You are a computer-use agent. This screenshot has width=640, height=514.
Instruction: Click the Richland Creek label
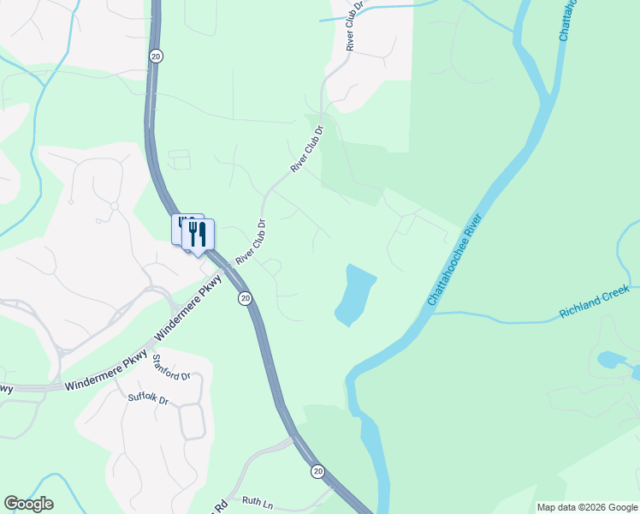pyautogui.click(x=594, y=302)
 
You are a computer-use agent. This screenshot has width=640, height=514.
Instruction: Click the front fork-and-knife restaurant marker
pyautogui.click(x=199, y=235)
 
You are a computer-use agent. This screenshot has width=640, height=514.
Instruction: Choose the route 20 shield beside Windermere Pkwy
pyautogui.click(x=246, y=298)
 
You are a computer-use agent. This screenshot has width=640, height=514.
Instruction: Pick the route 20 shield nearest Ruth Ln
pyautogui.click(x=318, y=471)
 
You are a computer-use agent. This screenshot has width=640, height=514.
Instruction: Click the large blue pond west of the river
pyautogui.click(x=355, y=295)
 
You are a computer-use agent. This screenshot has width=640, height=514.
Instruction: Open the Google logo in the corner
pyautogui.click(x=28, y=504)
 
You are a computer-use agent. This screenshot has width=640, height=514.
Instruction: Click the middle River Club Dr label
pyautogui.click(x=308, y=151)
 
